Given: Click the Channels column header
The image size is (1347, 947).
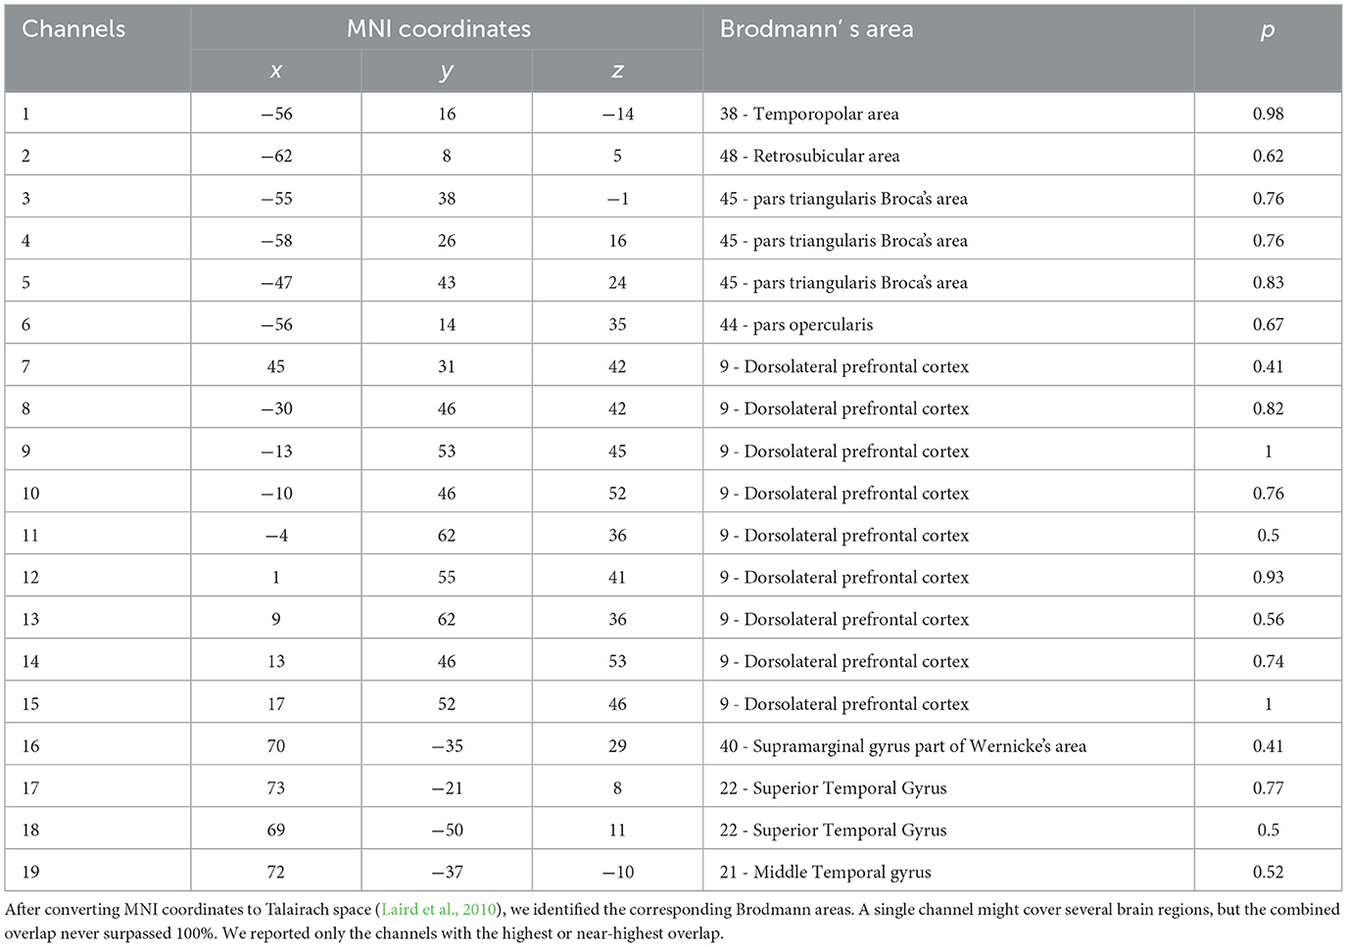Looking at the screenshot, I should pyautogui.click(x=73, y=29).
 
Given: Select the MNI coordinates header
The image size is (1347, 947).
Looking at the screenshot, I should pyautogui.click(x=438, y=29).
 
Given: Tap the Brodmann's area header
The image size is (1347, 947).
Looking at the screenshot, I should pyautogui.click(x=816, y=29).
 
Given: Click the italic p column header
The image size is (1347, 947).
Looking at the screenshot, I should pyautogui.click(x=1267, y=29).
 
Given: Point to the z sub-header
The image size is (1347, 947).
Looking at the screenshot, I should pyautogui.click(x=617, y=71).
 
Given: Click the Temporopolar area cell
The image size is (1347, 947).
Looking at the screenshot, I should pyautogui.click(x=809, y=114).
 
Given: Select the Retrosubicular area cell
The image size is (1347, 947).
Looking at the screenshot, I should pyautogui.click(x=809, y=156).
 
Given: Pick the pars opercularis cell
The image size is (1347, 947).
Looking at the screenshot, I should pyautogui.click(x=795, y=324).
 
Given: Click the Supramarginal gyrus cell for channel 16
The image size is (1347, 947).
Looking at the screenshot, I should pyautogui.click(x=902, y=746).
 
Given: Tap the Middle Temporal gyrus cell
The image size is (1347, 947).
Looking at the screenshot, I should pyautogui.click(x=825, y=872).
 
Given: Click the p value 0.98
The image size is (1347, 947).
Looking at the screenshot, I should pyautogui.click(x=1268, y=114).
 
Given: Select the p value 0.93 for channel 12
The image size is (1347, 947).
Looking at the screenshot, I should pyautogui.click(x=1268, y=577).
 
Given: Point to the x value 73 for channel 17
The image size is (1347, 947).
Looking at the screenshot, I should pyautogui.click(x=276, y=787).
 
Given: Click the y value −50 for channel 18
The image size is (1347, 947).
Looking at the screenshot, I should pyautogui.click(x=447, y=829).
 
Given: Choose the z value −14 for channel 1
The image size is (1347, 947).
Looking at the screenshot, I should pyautogui.click(x=617, y=114).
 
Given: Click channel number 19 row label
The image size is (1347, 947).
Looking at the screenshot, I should pyautogui.click(x=30, y=872).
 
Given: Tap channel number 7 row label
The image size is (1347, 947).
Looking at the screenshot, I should pyautogui.click(x=25, y=366).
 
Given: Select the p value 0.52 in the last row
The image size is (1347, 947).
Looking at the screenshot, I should pyautogui.click(x=1268, y=872).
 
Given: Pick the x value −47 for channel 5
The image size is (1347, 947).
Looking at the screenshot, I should pyautogui.click(x=276, y=282).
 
